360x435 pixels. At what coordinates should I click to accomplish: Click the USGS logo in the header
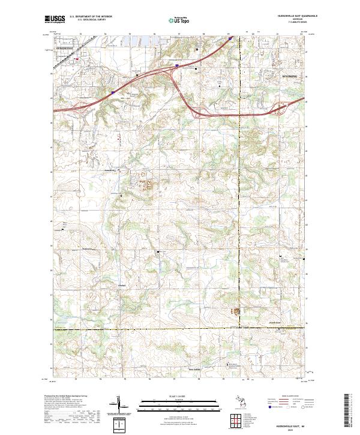pos(55,20)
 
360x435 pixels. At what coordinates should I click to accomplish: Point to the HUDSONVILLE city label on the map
pos(65,46)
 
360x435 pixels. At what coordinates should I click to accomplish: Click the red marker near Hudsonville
pos(76,59)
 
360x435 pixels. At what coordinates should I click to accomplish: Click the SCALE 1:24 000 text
pos(179,397)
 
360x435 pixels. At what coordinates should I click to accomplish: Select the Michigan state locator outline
pos(244,405)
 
